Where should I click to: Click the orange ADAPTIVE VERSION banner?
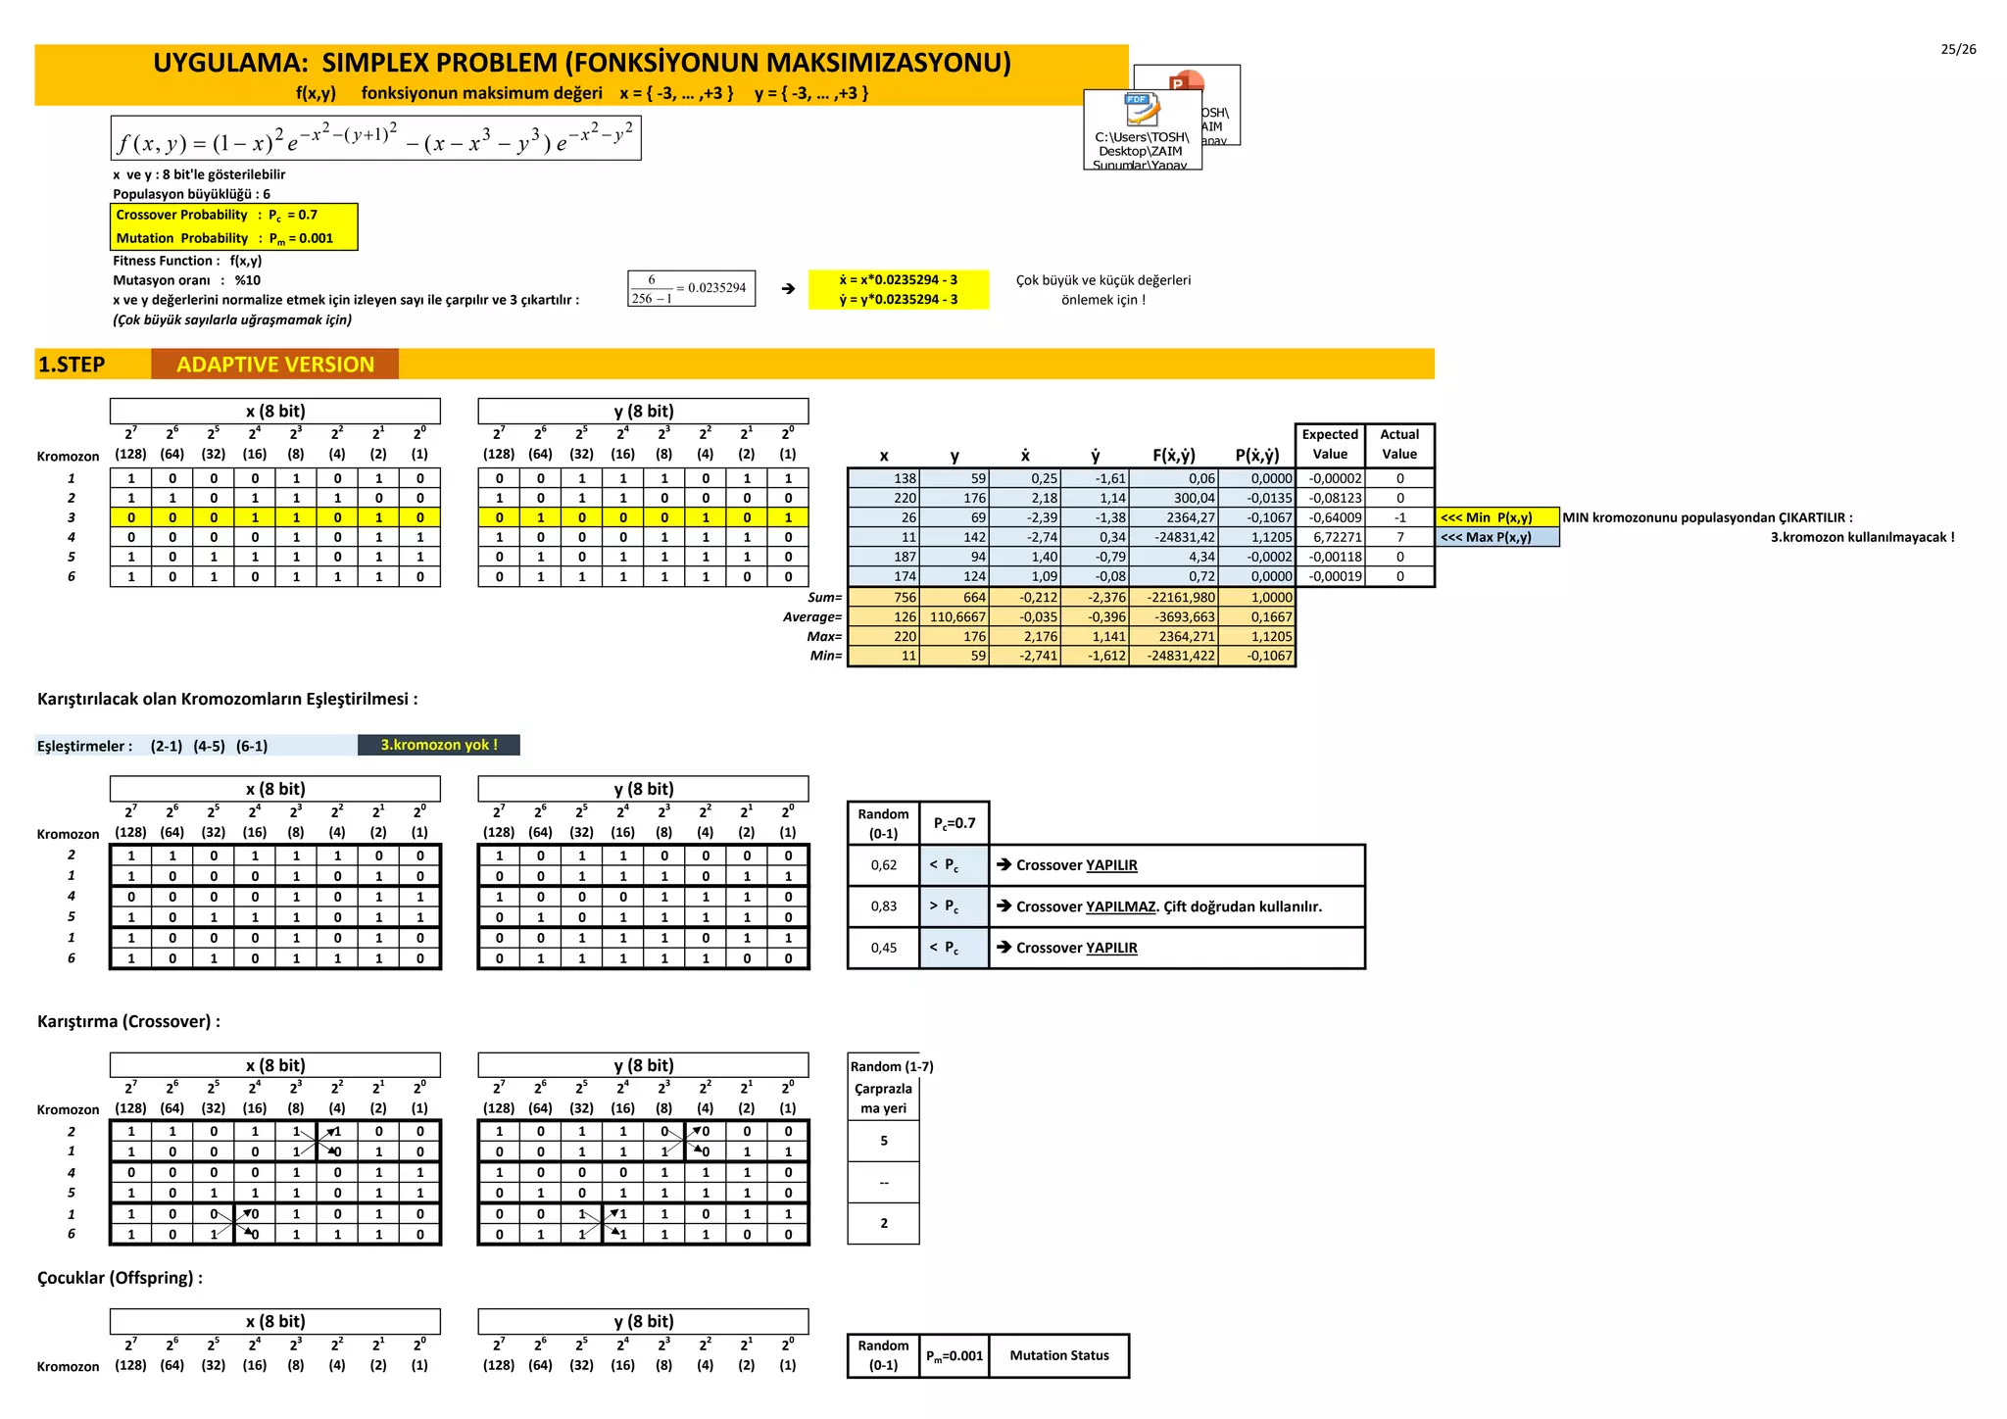(x=274, y=365)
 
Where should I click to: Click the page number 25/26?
(x=1958, y=50)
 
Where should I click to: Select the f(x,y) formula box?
(x=375, y=139)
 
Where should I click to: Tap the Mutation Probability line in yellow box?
(x=224, y=238)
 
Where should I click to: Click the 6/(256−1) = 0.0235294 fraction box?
(x=691, y=288)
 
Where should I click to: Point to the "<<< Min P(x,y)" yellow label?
(x=1496, y=517)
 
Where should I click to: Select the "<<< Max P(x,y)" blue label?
(x=1496, y=537)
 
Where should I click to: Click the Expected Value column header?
(x=1330, y=444)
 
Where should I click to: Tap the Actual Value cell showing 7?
(x=1399, y=537)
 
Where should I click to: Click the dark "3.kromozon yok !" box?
(x=439, y=745)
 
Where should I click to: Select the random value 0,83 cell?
(x=883, y=906)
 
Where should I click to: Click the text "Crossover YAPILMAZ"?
(x=1086, y=906)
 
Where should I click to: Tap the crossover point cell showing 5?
(x=883, y=1141)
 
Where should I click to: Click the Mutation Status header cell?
(x=1058, y=1355)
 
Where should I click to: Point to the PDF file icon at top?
(x=1141, y=108)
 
